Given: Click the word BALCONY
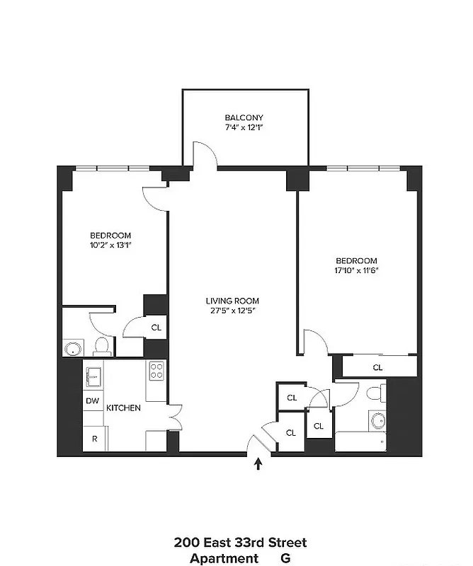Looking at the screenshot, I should [244, 117].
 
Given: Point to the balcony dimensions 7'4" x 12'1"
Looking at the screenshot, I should [244, 128].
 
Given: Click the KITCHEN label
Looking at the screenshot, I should [124, 408].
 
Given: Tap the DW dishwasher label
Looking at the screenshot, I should [92, 401].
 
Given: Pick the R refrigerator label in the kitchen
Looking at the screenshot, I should [93, 438].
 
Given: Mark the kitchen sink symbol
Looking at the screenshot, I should [93, 377].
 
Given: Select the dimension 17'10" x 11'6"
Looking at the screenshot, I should [356, 270].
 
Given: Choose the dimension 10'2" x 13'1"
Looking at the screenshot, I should [110, 246].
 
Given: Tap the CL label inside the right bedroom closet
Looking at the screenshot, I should [377, 367].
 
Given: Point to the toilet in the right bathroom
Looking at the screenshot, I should [376, 393].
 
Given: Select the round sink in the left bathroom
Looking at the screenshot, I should [74, 349].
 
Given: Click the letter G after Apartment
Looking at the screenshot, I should [285, 558].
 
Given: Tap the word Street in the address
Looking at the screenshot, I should [285, 543].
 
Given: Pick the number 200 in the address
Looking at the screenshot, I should [186, 543].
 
